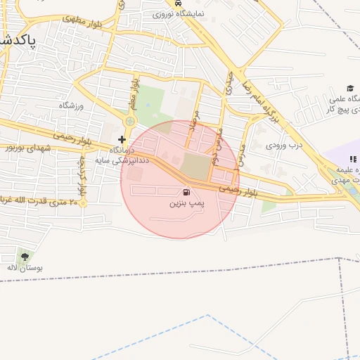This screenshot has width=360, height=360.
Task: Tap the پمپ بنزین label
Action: pyautogui.click(x=186, y=202)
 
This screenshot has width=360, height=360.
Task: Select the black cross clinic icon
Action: pyautogui.click(x=122, y=139)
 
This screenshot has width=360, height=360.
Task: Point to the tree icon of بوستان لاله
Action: pyautogui.click(x=26, y=257)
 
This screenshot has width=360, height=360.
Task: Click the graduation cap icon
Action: pyautogui.click(x=349, y=87)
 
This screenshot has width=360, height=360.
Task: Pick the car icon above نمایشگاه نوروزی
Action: pyautogui.click(x=177, y=3)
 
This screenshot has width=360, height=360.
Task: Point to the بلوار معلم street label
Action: pyautogui.click(x=134, y=96)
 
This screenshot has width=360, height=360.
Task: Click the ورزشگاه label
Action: pyautogui.click(x=71, y=105)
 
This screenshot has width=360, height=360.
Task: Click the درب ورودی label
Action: pyautogui.click(x=284, y=146)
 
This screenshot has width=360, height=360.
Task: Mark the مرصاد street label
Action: pyautogui.click(x=198, y=125)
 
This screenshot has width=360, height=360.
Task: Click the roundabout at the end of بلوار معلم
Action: pyautogui.click(x=129, y=122)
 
